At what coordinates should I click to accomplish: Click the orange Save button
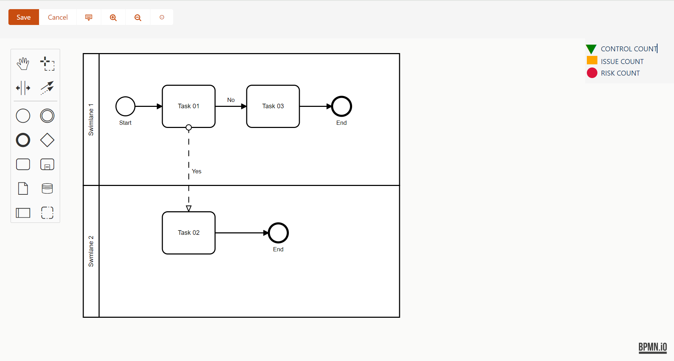point(24,17)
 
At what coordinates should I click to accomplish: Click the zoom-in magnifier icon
point(113,18)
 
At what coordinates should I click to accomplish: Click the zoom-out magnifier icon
point(138,18)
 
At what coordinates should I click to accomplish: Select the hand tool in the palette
point(23,64)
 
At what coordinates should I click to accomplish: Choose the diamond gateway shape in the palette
point(47,140)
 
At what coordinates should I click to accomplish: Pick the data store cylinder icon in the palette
point(47,188)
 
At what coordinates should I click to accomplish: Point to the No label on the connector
point(231,100)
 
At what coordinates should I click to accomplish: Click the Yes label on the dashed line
point(196,171)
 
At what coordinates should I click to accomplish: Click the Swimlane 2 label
point(91,251)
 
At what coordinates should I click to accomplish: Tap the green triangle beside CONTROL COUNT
point(591,49)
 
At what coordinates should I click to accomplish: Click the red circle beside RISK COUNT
point(592,73)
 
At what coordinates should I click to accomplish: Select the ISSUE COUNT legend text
point(622,62)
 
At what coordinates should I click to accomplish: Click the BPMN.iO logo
point(653,347)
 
